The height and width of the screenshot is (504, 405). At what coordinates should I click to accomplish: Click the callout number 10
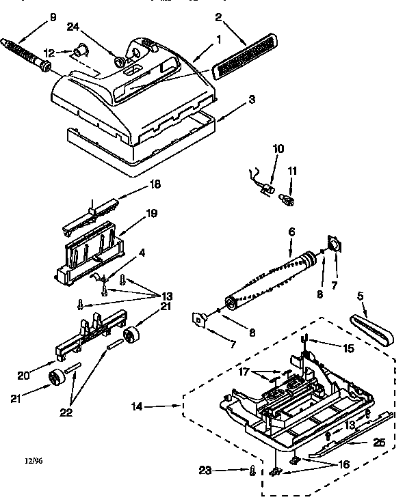pos(278,148)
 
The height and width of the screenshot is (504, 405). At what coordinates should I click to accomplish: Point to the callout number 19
pos(151,214)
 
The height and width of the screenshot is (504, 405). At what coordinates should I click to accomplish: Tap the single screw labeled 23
pos(252,471)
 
